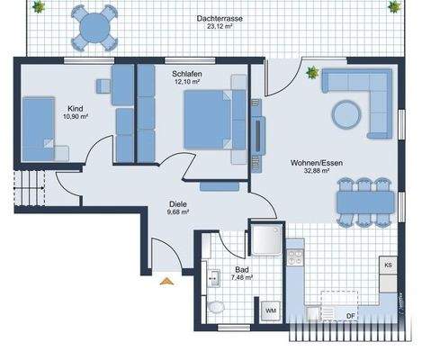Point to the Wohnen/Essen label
(310, 162)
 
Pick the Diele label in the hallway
(177, 203)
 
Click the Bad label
(241, 269)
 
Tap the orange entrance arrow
(166, 283)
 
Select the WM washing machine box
(270, 310)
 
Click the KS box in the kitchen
(388, 266)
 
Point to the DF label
(350, 315)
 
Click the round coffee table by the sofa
(345, 114)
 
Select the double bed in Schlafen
(212, 121)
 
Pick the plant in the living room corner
(312, 73)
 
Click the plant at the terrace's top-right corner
(393, 7)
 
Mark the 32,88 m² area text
(310, 170)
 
